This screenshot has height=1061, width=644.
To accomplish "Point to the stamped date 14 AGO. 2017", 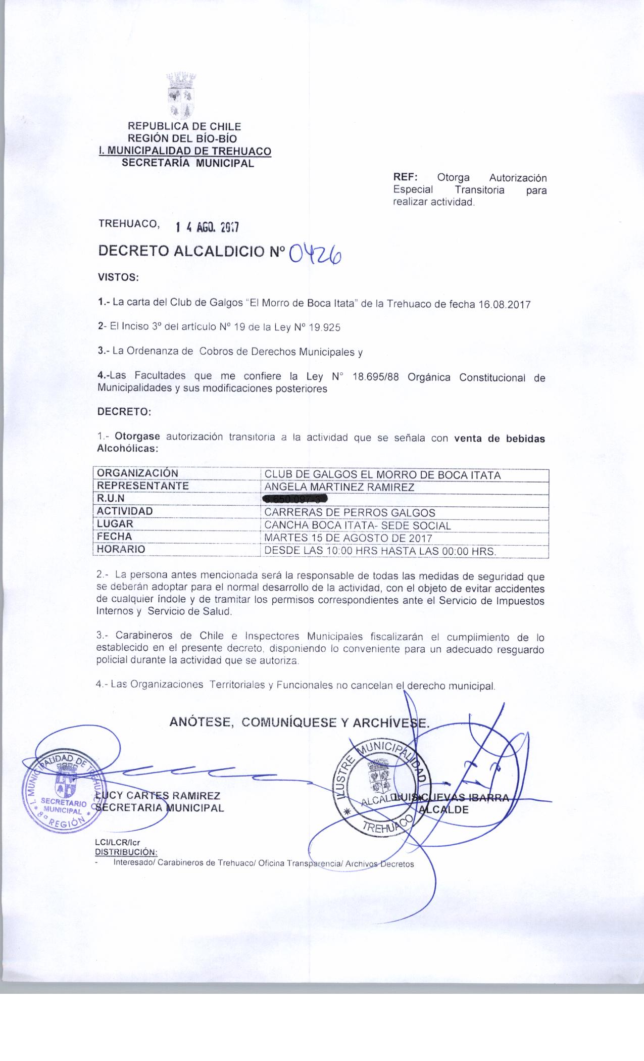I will pos(207,227).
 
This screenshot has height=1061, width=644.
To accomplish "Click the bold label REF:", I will pos(405,178).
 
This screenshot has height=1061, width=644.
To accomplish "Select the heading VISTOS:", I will pos(118,277).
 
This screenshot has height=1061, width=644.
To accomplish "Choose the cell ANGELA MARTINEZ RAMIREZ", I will pos(339,488).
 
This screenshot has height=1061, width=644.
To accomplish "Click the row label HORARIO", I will pos(121,549).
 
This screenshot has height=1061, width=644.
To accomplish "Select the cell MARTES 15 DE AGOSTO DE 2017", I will pos(348,538).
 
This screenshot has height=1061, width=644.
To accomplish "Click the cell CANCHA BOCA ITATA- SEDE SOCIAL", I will pos(358,525).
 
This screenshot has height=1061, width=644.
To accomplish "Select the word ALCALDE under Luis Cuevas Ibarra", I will pos(444,809).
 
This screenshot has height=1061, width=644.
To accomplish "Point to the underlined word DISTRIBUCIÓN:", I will pos(126,853).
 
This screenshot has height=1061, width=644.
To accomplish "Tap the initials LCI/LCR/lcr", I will pos(117,843).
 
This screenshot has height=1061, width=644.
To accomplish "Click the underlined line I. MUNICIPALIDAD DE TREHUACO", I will pos(185,151).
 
